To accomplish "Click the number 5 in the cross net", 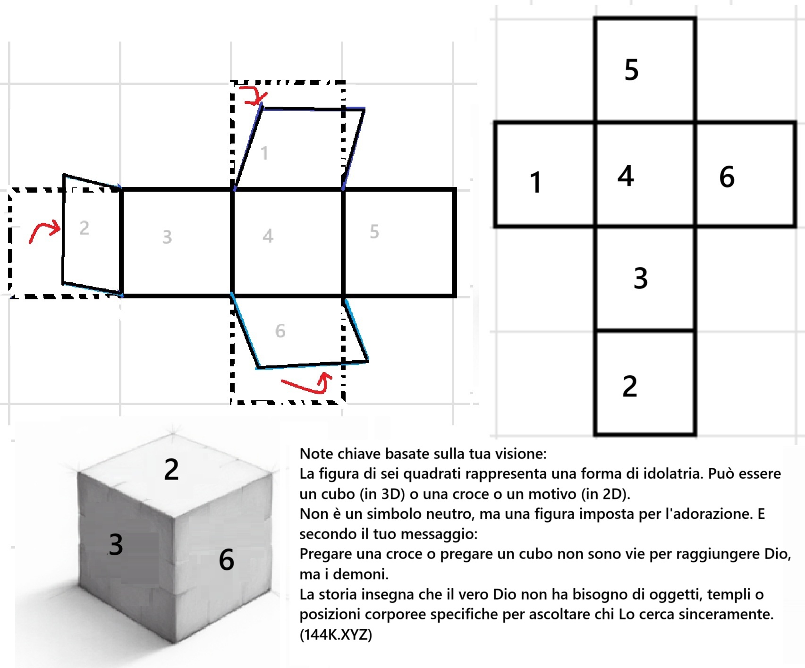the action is (x=631, y=70).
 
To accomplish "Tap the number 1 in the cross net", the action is (x=535, y=182).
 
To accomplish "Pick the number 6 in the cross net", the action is (x=727, y=177).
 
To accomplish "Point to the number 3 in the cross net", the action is (x=641, y=278).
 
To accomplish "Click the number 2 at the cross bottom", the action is (x=630, y=386).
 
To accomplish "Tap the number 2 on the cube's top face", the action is (x=171, y=469).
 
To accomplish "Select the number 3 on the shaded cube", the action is (x=116, y=544).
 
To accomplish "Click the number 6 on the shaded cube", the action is (x=227, y=560).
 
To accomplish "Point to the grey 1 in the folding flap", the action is (x=264, y=153).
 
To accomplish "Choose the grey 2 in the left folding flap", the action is (x=84, y=228).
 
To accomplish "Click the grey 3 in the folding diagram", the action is (x=167, y=237).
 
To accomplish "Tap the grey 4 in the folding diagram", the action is (x=268, y=236).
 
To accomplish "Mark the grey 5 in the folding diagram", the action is (x=374, y=232).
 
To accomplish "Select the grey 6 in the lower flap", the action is (x=280, y=331).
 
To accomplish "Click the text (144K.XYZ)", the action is (x=336, y=634).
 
